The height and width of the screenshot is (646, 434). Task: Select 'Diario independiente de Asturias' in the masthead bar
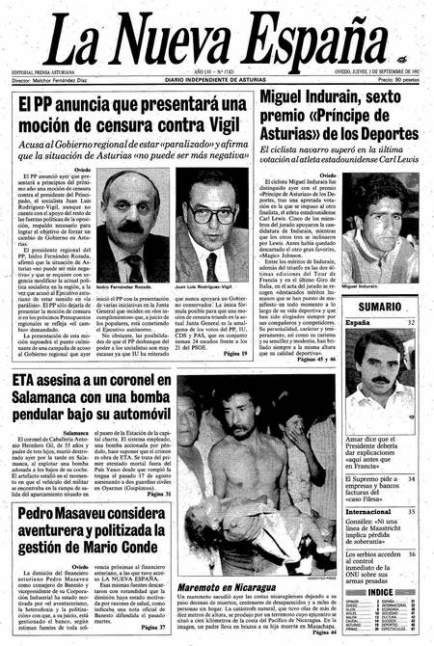click(x=219, y=78)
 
